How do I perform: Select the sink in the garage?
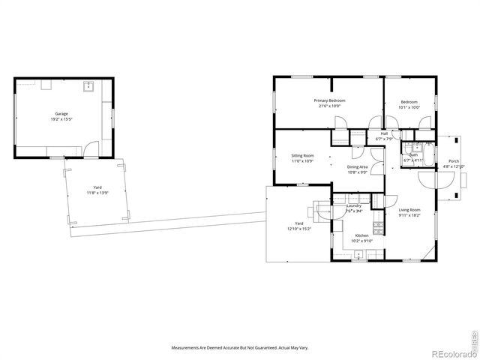[88, 85]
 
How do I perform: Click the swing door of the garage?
[91, 150]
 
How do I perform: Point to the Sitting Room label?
[302, 156]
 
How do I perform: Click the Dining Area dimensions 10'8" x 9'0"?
[357, 172]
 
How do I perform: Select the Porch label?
[454, 161]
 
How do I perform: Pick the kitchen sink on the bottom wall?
[358, 256]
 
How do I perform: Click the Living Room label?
[409, 210]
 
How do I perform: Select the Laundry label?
[354, 205]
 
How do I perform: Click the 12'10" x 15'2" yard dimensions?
[298, 229]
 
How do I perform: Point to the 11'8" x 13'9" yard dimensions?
[97, 193]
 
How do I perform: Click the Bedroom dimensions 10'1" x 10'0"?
[409, 107]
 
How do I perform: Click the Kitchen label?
[361, 236]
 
